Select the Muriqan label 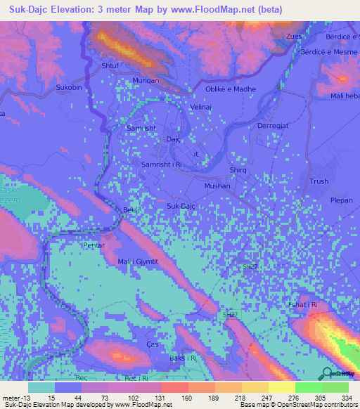(x=147, y=81)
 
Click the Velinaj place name (x=202, y=108)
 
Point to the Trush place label (x=319, y=181)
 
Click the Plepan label (x=341, y=200)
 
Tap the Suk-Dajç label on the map (x=181, y=206)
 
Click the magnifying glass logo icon (x=326, y=373)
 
